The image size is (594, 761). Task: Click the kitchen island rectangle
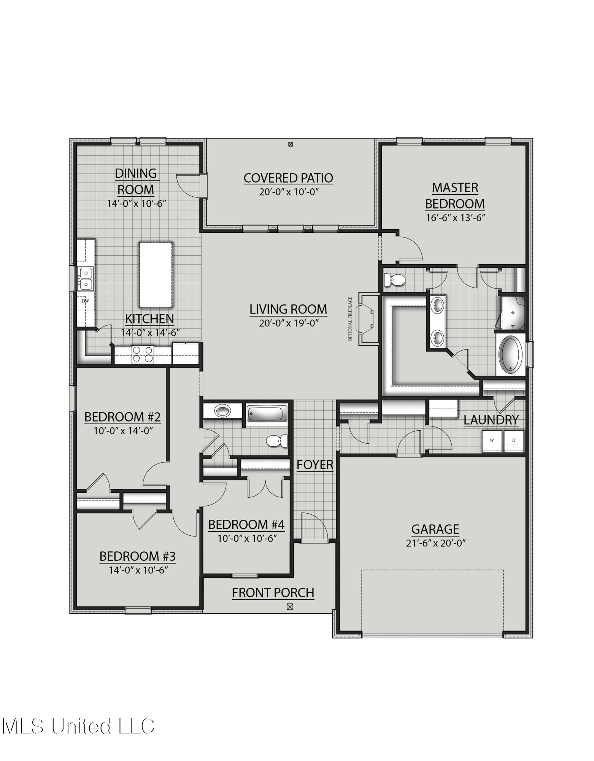point(156,275)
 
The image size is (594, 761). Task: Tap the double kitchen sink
point(86,278)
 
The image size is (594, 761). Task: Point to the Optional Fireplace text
point(350,319)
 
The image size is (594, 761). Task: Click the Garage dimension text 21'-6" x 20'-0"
point(435,543)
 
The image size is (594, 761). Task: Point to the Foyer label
point(315,465)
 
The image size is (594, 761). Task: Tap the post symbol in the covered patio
point(291,144)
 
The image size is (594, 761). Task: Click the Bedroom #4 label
point(246,525)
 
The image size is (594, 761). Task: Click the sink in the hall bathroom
point(222,411)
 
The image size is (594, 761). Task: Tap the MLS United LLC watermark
point(78,726)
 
